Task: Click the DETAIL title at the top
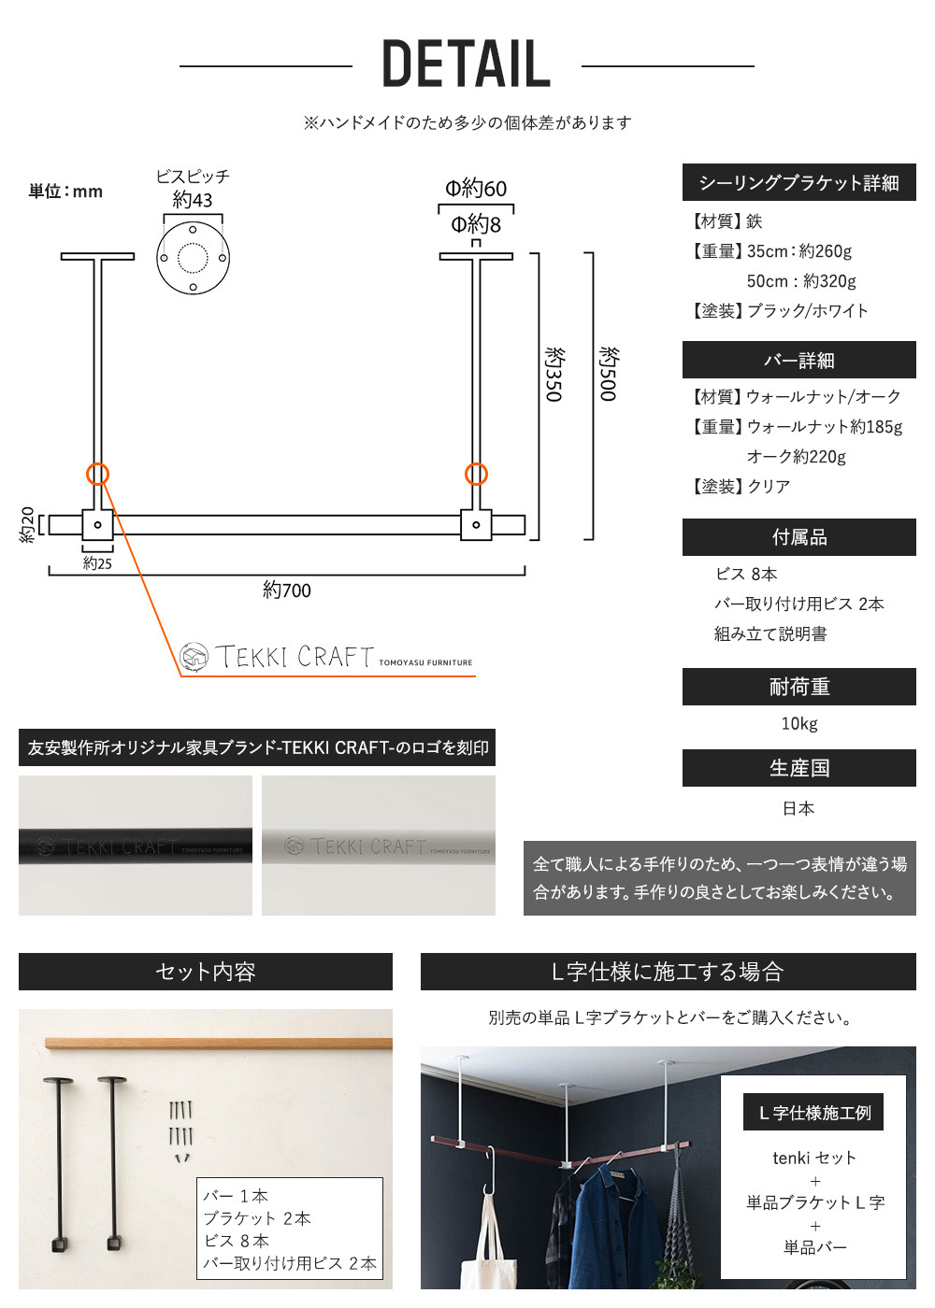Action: click(467, 64)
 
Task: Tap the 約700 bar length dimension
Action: click(286, 590)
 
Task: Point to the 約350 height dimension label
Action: click(554, 375)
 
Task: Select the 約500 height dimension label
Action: click(609, 375)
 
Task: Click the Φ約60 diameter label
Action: click(476, 189)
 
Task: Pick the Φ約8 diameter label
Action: click(476, 224)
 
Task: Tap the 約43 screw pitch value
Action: click(193, 200)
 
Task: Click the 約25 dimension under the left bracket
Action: click(97, 562)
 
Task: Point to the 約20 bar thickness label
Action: click(27, 525)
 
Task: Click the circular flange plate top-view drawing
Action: click(193, 258)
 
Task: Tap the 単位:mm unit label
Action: click(65, 192)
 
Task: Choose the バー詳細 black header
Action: click(798, 360)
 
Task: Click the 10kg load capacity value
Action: click(799, 723)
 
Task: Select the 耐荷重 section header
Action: click(798, 687)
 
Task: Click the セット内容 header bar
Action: click(206, 972)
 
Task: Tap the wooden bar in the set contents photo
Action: click(219, 1044)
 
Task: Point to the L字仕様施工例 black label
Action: click(813, 1113)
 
